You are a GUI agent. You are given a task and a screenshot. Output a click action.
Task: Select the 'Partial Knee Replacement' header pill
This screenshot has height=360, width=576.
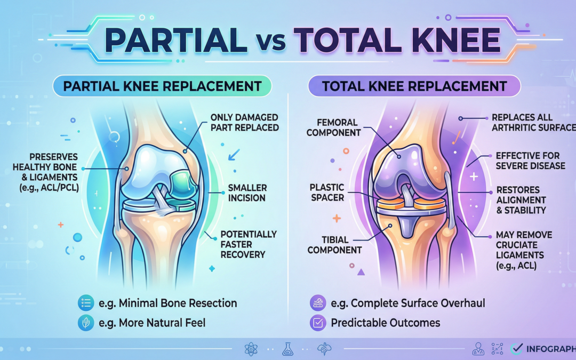click(x=162, y=86)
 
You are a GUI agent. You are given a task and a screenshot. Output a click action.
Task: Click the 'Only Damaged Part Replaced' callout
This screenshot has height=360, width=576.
click(x=245, y=122)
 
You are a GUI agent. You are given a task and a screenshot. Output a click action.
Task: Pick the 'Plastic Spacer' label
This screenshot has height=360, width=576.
click(x=327, y=193)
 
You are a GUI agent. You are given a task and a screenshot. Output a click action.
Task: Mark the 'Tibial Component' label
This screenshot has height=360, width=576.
click(x=334, y=245)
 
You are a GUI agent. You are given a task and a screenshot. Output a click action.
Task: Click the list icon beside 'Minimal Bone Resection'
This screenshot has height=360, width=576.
click(x=85, y=303)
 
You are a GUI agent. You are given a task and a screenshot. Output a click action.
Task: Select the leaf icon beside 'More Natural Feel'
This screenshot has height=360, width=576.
click(x=85, y=323)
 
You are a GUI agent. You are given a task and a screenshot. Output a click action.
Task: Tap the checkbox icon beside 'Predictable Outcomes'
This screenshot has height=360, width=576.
click(x=317, y=323)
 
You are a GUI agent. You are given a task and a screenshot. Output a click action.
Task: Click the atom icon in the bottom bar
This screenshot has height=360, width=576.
click(x=251, y=350)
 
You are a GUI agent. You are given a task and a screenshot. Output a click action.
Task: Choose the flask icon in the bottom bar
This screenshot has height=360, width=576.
click(x=287, y=350)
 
